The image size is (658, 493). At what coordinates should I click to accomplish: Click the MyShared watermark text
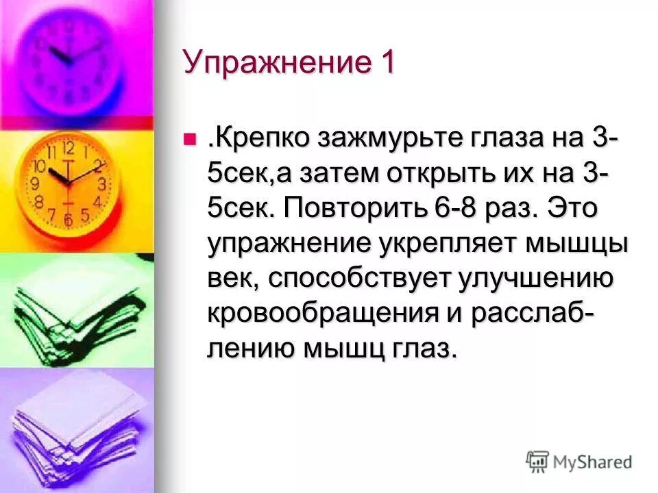[x=594, y=462]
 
